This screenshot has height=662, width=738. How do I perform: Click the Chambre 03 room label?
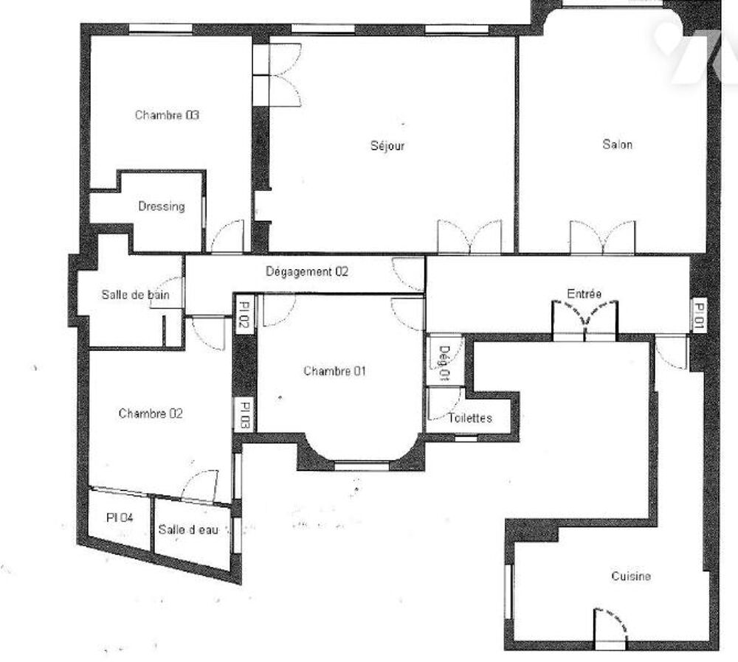point(167,115)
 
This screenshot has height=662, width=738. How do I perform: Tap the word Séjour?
point(387,145)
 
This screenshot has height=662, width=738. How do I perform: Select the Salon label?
point(617,144)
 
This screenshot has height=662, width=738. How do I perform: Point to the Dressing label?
point(161,206)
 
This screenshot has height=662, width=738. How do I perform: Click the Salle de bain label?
point(135,295)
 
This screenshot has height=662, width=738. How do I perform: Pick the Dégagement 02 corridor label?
point(306,271)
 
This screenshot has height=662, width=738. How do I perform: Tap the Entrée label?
point(584,294)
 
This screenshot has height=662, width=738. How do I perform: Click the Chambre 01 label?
point(334,372)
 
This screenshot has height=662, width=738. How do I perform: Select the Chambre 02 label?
point(151,414)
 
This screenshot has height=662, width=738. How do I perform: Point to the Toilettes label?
point(469,418)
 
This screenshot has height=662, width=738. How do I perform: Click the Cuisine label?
point(630,576)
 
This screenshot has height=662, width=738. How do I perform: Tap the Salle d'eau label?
point(188,530)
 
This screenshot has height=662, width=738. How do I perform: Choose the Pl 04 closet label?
point(120,518)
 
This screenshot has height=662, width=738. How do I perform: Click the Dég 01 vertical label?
point(444,363)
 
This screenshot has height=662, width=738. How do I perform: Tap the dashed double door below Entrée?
point(585,318)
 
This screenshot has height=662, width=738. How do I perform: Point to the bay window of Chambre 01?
point(361,464)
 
